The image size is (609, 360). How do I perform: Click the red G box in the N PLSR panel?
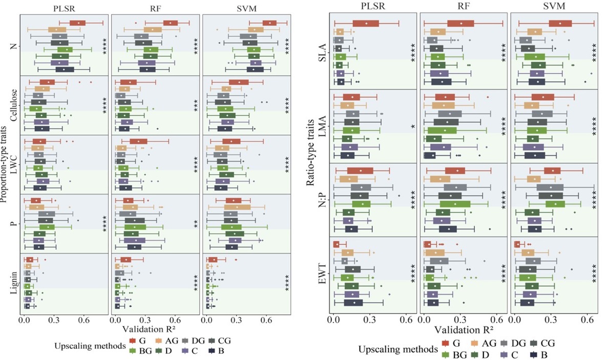click(77, 23)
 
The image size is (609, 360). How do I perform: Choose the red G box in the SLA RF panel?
click(460, 24)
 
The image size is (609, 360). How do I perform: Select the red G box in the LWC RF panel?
click(138, 141)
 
